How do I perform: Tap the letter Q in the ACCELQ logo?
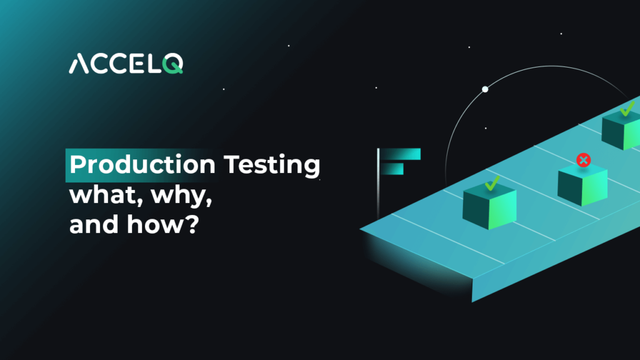pyautogui.click(x=172, y=64)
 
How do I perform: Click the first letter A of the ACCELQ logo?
pyautogui.click(x=79, y=64)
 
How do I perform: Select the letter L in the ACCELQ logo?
pyautogui.click(x=153, y=64)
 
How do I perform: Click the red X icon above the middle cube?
pyautogui.click(x=584, y=161)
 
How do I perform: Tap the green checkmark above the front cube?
pyautogui.click(x=492, y=182)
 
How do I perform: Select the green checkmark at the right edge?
pyautogui.click(x=626, y=111)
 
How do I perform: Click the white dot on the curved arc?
pyautogui.click(x=484, y=89)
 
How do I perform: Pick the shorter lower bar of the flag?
pyautogui.click(x=393, y=169)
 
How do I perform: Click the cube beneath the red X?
pyautogui.click(x=582, y=187)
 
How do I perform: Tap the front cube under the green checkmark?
pyautogui.click(x=489, y=207)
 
